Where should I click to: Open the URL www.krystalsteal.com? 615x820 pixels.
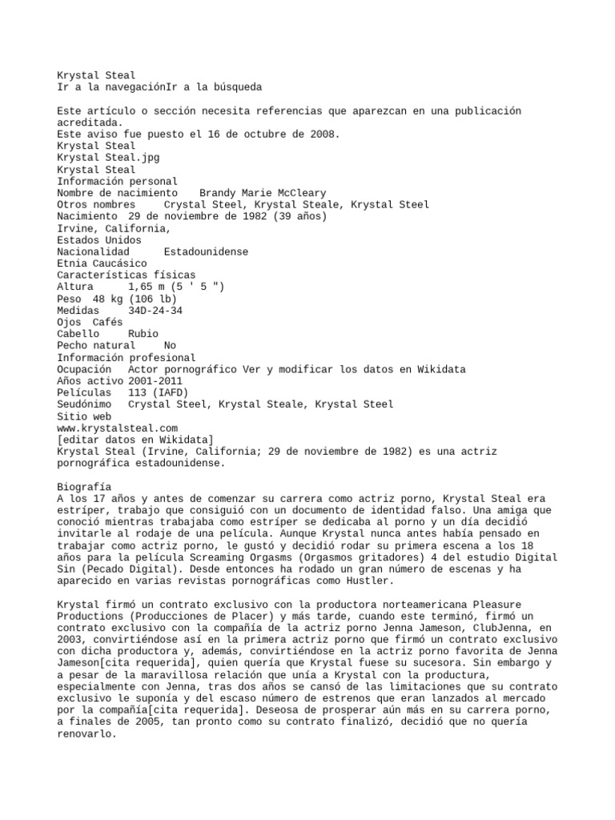pos(118,428)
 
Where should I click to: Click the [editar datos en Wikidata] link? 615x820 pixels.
pos(135,440)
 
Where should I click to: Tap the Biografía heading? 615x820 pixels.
pos(85,486)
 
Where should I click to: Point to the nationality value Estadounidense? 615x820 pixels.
pos(206,251)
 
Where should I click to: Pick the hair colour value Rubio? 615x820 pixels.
pos(143,333)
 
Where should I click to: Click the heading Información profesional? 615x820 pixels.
pos(127,357)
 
